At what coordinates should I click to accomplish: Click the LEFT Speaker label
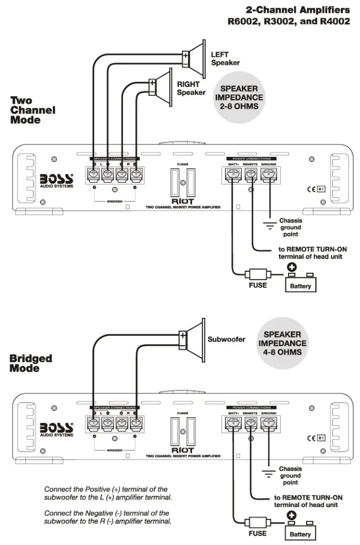[x=225, y=58]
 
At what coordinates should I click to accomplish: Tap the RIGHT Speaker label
[x=191, y=89]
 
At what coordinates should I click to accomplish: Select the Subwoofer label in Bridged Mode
[x=226, y=340]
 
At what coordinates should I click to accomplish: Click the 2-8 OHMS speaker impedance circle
[x=239, y=98]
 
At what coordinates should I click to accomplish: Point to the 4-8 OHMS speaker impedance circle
[x=282, y=343]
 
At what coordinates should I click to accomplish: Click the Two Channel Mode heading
[x=33, y=110]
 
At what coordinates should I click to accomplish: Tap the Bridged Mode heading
[x=31, y=363]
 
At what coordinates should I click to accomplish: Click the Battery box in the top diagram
[x=300, y=285]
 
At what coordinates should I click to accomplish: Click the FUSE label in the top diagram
[x=257, y=285]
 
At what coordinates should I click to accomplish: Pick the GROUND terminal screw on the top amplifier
[x=268, y=175]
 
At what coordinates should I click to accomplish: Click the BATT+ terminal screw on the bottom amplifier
[x=233, y=423]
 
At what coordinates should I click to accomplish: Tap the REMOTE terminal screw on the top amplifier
[x=250, y=175]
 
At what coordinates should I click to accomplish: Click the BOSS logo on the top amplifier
[x=57, y=179]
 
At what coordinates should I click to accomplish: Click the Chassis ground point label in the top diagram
[x=290, y=227]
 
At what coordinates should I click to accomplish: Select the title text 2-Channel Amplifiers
[x=297, y=9]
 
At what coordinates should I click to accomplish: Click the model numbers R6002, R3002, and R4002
[x=289, y=22]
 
